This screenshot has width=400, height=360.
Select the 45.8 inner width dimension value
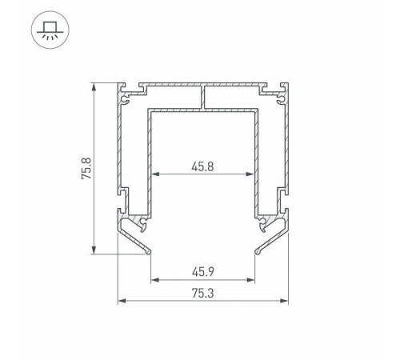point(204,166)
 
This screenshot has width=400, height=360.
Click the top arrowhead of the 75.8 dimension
point(94,85)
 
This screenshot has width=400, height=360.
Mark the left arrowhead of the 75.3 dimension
point(122,302)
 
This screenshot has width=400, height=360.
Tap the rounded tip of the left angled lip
point(150,252)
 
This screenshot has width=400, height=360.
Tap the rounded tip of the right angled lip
point(258,252)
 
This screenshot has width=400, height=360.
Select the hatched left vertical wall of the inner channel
point(149,160)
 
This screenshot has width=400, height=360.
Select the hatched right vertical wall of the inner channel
point(259,160)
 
